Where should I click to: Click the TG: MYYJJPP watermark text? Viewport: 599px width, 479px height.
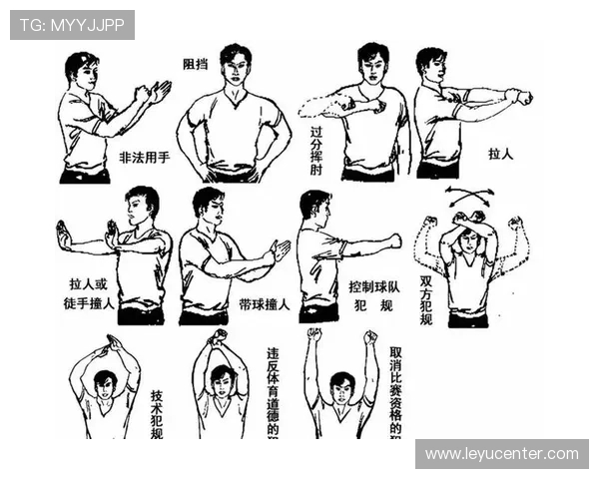click(x=72, y=25)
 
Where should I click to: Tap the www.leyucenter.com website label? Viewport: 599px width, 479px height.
click(x=501, y=454)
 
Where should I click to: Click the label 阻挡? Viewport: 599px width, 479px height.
click(x=195, y=64)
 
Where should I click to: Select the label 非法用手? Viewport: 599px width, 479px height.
click(x=144, y=158)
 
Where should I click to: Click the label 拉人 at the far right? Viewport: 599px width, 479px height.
click(x=500, y=156)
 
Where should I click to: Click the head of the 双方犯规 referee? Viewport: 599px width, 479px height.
click(x=467, y=242)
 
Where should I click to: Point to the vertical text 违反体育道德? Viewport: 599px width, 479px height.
click(x=273, y=392)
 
